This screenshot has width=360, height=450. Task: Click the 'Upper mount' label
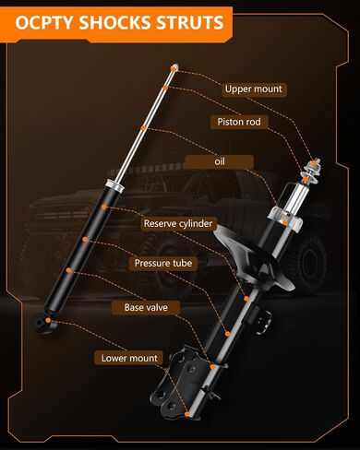254,89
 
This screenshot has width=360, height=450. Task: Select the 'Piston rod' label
239,122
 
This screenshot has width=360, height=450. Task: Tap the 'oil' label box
220,161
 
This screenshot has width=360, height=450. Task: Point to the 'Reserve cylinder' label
178,223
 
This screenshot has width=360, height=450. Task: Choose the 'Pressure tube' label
163,263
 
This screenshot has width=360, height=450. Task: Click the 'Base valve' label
146,307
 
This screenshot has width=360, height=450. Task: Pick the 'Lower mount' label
129,358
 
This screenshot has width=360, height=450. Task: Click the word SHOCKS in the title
114,23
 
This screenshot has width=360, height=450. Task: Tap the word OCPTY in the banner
44,23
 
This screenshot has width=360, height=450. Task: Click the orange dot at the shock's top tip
174,68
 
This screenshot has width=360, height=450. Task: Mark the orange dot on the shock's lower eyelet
48,320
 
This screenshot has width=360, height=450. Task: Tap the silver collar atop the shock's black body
114,186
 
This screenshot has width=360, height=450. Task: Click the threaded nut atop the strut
313,169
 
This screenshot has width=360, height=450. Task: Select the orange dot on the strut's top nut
314,163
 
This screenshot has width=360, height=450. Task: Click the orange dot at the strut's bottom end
187,414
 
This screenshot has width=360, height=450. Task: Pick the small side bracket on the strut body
261,320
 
